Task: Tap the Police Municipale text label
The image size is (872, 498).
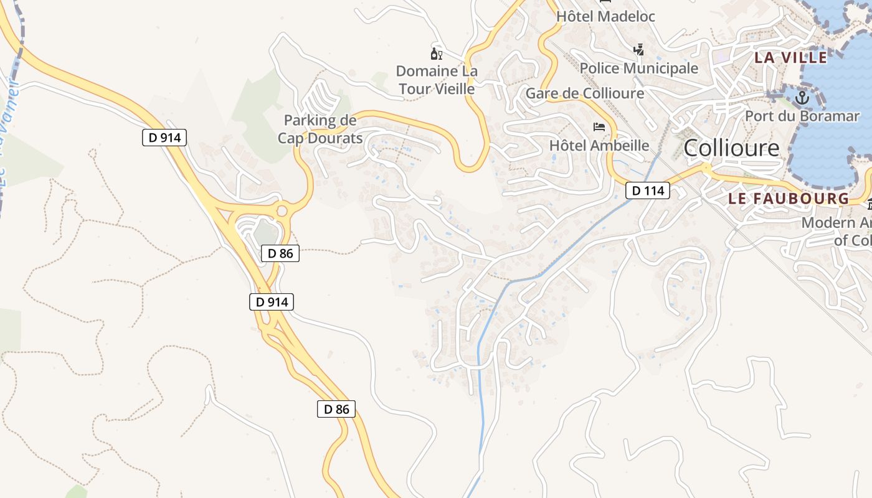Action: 639,68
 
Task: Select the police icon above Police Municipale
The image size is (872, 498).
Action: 638,50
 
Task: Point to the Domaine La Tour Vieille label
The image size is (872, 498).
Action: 437,80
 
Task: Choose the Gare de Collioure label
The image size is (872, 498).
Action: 585,93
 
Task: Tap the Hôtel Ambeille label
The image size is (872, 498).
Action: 599,146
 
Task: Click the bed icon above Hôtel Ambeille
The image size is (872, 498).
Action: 599,127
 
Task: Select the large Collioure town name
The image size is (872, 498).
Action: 731,148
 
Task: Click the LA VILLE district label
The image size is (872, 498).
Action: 791,58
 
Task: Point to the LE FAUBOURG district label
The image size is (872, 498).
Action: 789,199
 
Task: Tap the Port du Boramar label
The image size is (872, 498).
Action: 802,116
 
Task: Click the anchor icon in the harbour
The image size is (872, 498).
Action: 802,97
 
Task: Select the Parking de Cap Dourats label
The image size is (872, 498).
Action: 320,129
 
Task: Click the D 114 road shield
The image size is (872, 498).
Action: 648,190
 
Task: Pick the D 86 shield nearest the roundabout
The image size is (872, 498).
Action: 280,253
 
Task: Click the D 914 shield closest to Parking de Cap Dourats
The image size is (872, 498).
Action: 165,138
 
